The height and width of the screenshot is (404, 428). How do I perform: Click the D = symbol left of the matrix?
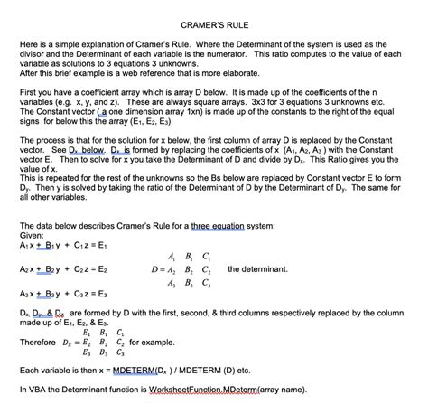tap(161, 269)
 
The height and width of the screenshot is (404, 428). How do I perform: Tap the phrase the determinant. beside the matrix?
tap(258, 269)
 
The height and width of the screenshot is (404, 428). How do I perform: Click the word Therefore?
tap(41, 343)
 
